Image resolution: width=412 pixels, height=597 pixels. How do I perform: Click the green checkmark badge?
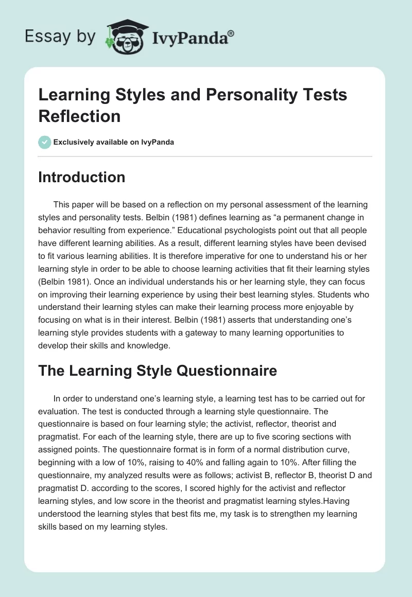tap(45, 142)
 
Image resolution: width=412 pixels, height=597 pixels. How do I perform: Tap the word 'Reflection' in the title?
tap(79, 116)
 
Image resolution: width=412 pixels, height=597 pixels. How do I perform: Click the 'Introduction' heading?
tap(82, 177)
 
